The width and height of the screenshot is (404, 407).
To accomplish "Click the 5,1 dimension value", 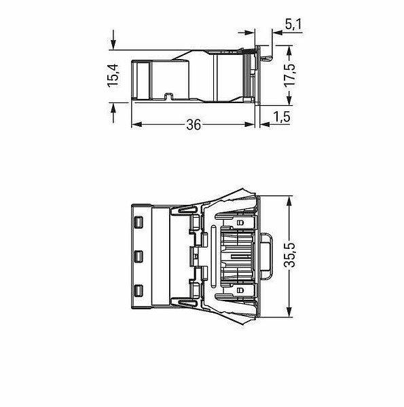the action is pos(293,24).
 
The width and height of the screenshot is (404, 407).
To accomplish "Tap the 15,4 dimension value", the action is pos(113,75).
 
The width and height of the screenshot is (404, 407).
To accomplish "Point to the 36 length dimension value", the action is pos(194,125).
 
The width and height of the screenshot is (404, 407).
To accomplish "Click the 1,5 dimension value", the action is pos(282,117).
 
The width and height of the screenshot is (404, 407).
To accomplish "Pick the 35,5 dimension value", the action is pos(290,255).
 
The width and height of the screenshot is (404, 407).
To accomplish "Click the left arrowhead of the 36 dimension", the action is pos(136,125).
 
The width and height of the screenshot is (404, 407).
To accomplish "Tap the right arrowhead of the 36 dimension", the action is pos(250,125).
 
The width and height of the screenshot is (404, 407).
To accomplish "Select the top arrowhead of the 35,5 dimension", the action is pos(289,201).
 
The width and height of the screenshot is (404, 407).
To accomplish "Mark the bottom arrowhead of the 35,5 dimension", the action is pos(289,312).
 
